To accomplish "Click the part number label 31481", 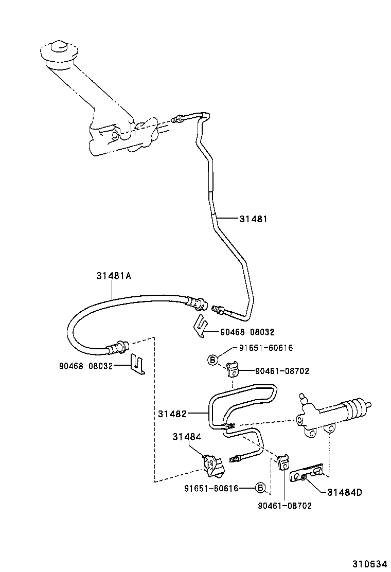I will click(253, 219).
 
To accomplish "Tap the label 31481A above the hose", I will click(114, 276).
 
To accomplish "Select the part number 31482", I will click(172, 413).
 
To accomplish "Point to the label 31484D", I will click(344, 492).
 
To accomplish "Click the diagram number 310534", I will click(368, 564).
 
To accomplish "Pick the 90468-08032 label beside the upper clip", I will click(247, 332).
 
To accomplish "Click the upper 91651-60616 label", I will click(265, 348).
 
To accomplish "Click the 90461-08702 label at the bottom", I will click(285, 506).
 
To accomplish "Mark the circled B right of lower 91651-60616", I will click(260, 488).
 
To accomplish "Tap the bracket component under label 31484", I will click(213, 466).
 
